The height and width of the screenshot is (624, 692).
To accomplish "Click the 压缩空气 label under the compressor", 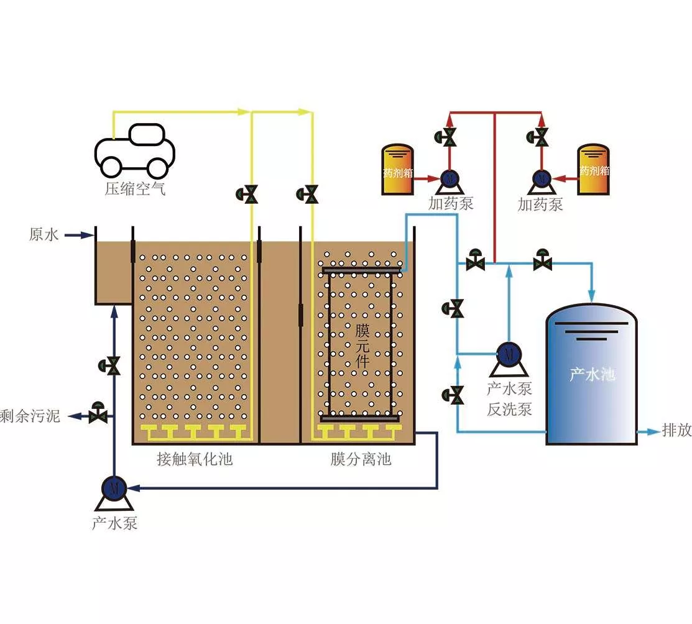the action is (135, 189).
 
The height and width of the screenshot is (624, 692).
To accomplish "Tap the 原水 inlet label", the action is (44, 234).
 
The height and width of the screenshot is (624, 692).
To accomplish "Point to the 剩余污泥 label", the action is (30, 416).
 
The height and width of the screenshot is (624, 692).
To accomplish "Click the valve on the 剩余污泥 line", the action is (98, 413).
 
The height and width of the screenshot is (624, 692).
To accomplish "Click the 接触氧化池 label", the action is (195, 459).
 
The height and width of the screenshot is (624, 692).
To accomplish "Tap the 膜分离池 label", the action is (361, 459).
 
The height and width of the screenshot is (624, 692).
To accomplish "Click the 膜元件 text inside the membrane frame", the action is (362, 346).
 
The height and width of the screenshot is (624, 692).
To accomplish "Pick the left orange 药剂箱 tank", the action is (397, 169).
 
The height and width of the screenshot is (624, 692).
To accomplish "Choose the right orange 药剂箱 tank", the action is (594, 169).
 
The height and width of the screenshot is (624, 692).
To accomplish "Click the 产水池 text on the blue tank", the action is (593, 374).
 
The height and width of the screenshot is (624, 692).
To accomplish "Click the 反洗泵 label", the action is (509, 409).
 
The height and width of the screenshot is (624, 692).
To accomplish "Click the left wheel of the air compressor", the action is (111, 167).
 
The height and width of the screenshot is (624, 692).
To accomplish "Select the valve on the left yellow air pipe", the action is (247, 194).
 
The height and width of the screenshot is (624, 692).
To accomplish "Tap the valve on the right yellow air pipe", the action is (308, 194).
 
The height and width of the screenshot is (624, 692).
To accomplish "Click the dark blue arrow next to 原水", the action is (80, 235).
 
